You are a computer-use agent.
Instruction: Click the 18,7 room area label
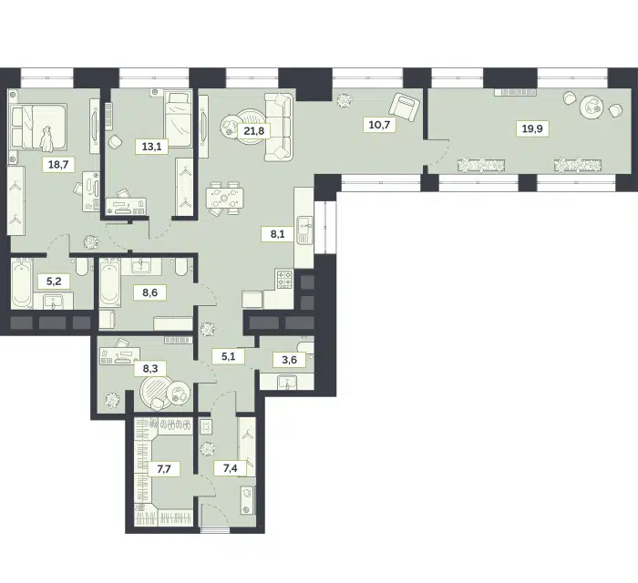[x=58, y=165]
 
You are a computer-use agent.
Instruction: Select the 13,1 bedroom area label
[x=152, y=147]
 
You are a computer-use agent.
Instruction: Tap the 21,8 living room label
[x=254, y=131]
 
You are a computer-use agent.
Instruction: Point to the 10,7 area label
[x=379, y=125]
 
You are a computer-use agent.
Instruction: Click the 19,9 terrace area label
[x=532, y=129]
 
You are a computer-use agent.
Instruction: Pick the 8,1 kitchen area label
[x=277, y=235]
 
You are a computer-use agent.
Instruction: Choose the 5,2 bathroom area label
[x=54, y=281]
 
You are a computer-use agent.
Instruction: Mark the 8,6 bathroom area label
[x=149, y=292]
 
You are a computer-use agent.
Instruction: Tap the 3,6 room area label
[x=289, y=360]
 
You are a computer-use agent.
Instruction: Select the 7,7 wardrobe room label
[x=163, y=469]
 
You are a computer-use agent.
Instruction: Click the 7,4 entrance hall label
[x=230, y=468]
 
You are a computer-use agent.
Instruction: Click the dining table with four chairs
[x=224, y=198]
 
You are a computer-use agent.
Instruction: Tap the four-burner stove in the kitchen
[x=284, y=280]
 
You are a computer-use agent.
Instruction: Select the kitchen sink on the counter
[x=304, y=230]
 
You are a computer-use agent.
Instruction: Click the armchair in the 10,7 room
[x=405, y=106]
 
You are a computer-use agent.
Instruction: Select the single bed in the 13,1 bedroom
[x=179, y=118]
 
